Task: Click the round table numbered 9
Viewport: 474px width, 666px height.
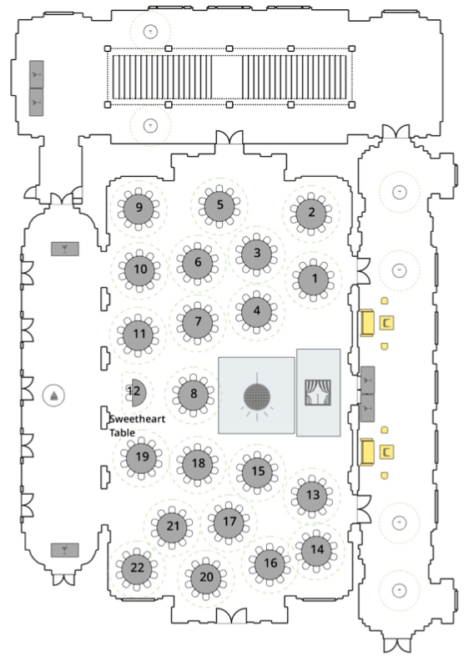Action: (x=139, y=209)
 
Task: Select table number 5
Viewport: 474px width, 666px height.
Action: (x=219, y=205)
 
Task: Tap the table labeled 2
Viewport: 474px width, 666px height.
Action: (x=311, y=213)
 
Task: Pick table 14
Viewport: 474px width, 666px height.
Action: (x=316, y=551)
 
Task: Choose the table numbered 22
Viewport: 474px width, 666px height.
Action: (x=137, y=568)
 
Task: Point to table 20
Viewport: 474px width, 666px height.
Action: (x=206, y=578)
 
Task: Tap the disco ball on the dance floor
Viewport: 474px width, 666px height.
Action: (x=256, y=396)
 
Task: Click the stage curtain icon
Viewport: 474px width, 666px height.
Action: (x=318, y=393)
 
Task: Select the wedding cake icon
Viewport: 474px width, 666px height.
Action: (x=54, y=396)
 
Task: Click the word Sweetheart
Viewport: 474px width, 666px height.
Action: (x=137, y=419)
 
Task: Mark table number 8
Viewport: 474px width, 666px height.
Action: (x=194, y=395)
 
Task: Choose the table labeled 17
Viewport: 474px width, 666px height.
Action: (x=229, y=522)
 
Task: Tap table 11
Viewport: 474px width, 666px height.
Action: (x=139, y=335)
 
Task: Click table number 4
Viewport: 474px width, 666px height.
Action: (x=256, y=311)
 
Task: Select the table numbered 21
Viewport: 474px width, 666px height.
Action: (x=172, y=527)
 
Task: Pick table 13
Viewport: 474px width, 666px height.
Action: (x=312, y=496)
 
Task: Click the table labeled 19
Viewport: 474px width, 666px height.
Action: (x=141, y=457)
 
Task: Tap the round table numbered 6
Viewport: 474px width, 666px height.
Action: (x=198, y=263)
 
